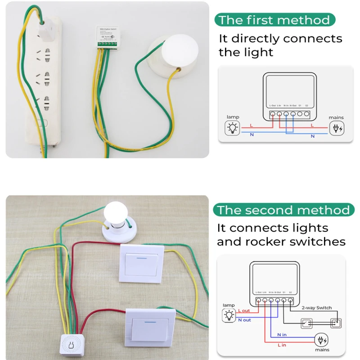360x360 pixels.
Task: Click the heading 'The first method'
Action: [274, 20]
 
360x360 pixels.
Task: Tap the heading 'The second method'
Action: [283, 210]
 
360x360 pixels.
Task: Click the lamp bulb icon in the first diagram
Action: [233, 128]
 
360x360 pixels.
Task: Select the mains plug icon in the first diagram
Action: [336, 129]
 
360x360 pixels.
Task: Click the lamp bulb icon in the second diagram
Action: [229, 315]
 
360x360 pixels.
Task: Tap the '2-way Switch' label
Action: [316, 308]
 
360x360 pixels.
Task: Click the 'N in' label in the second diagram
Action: [282, 335]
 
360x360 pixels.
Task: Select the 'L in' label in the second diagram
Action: [282, 344]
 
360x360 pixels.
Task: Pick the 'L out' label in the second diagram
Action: [244, 311]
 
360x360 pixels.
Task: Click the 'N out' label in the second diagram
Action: [244, 320]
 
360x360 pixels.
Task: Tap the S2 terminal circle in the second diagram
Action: [291, 300]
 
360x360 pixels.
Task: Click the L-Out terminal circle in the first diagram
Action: [273, 114]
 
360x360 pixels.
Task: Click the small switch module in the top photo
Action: [107, 36]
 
